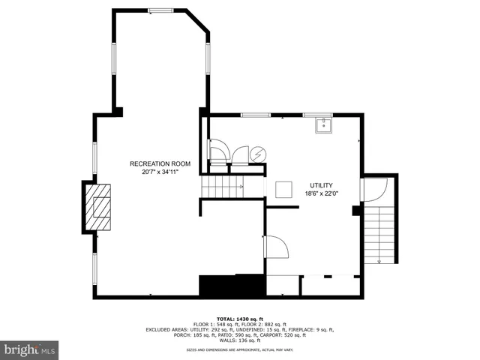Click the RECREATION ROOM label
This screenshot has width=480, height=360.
[160, 163]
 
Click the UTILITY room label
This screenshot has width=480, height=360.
[322, 184]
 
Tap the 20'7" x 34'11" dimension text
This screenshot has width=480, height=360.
[160, 172]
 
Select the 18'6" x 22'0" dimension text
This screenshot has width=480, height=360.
[322, 193]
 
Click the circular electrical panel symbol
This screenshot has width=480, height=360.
[257, 153]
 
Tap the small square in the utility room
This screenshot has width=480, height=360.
[284, 190]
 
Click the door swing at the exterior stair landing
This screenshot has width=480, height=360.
[374, 190]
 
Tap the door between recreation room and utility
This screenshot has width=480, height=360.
[274, 247]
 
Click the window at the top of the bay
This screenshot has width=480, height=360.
[160, 10]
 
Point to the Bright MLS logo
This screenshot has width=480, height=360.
[30, 350]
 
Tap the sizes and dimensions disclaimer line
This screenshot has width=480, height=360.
[239, 349]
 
